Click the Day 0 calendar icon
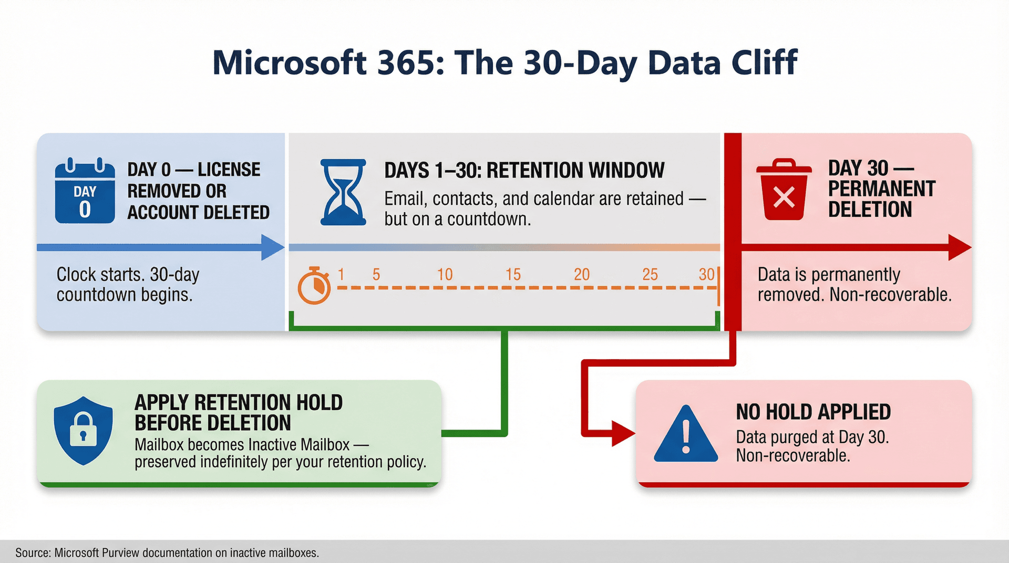click(85, 191)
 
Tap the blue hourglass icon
click(343, 192)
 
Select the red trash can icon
click(784, 190)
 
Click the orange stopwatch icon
click(314, 286)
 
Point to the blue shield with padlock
click(83, 430)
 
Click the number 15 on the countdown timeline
click(513, 274)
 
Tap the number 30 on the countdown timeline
click(706, 274)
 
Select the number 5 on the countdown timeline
click(376, 274)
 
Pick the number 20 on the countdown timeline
click(581, 274)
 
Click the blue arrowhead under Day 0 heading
click(272, 247)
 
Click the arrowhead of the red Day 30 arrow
click(959, 247)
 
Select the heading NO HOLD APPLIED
click(813, 412)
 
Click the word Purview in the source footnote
click(120, 552)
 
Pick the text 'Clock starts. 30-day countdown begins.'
click(128, 285)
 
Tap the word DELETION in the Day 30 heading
click(870, 210)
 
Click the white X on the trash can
click(784, 198)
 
